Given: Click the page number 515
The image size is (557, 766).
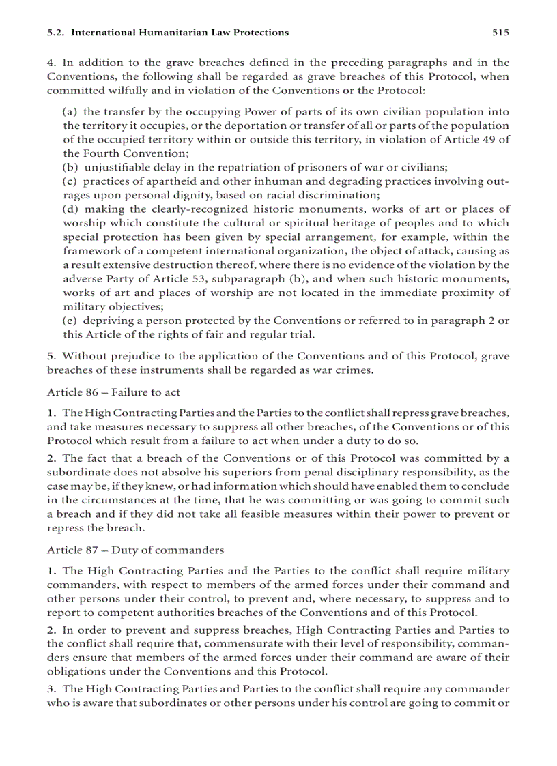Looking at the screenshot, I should point(500,32).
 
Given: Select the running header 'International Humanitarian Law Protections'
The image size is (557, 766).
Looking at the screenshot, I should point(180,32).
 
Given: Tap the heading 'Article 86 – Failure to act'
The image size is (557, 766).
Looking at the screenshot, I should point(113,392).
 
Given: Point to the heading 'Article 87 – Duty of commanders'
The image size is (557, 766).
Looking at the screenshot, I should point(135,550).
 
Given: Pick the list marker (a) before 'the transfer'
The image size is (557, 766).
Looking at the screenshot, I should point(70,111).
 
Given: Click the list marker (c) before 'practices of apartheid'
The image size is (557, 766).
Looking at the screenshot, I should point(70,181).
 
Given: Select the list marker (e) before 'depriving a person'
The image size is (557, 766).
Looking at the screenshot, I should point(70,321).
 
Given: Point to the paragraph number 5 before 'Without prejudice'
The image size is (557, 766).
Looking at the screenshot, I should point(51,357).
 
